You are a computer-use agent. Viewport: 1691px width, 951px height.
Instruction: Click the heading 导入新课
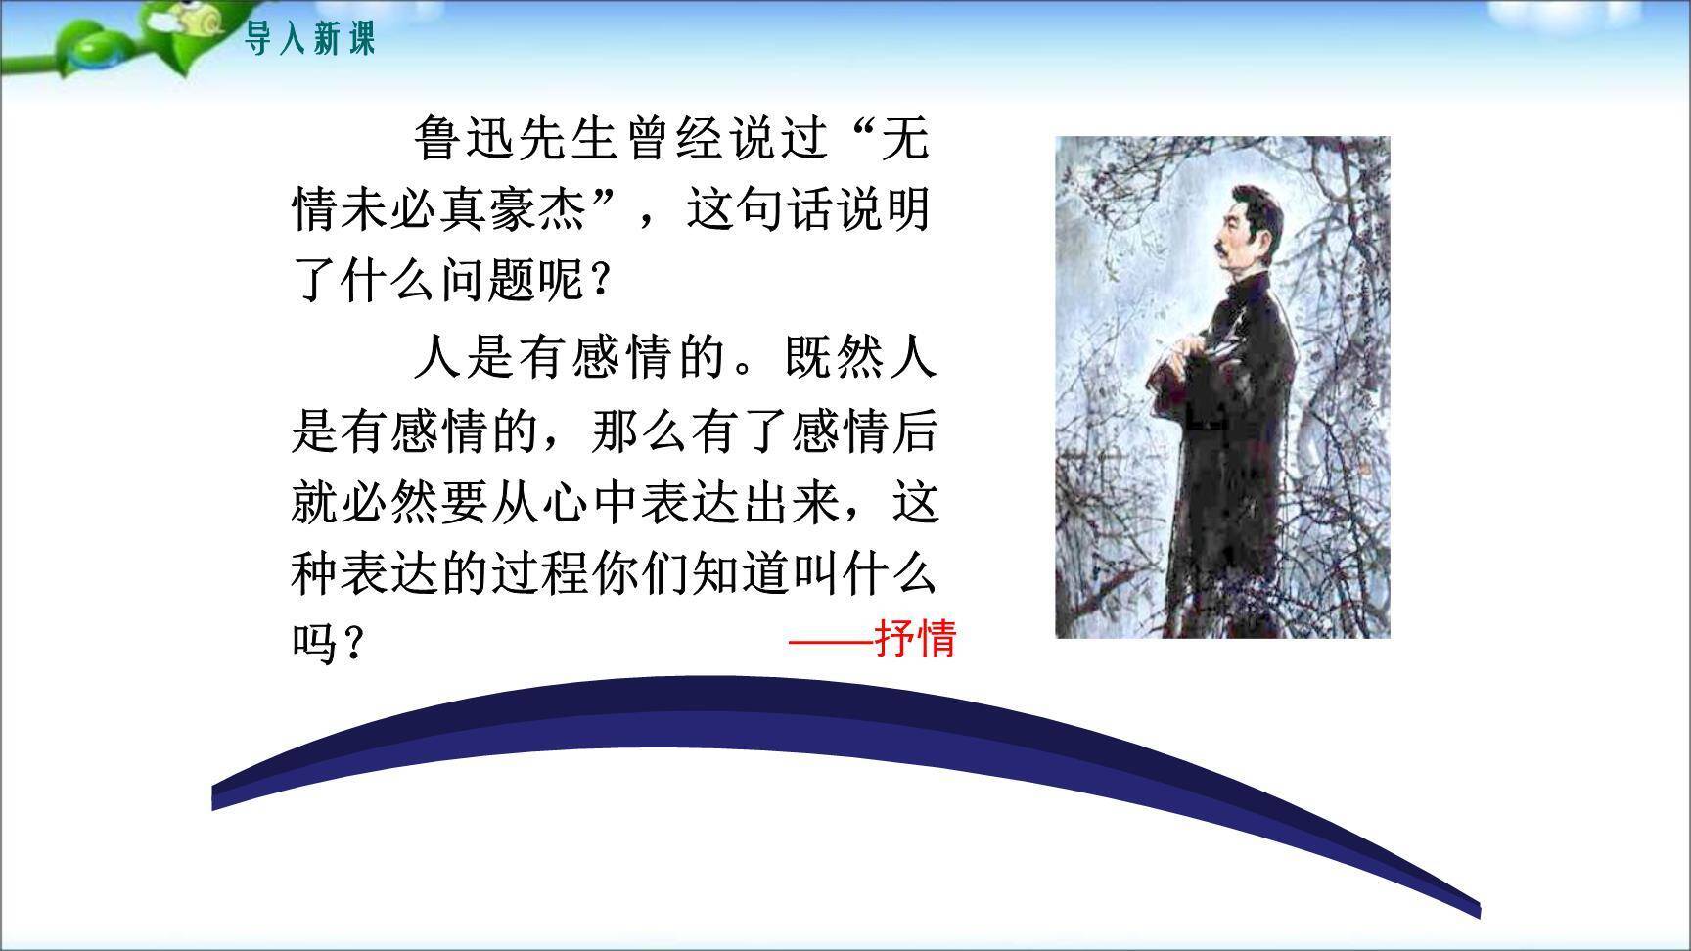pos(309,40)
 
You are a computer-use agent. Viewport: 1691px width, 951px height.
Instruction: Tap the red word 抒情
pos(915,639)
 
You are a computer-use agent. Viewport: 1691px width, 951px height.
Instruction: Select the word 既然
pos(834,358)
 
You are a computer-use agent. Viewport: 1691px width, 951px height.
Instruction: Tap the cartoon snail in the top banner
pos(177,16)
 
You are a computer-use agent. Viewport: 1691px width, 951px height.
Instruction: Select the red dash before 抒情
pos(830,642)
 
